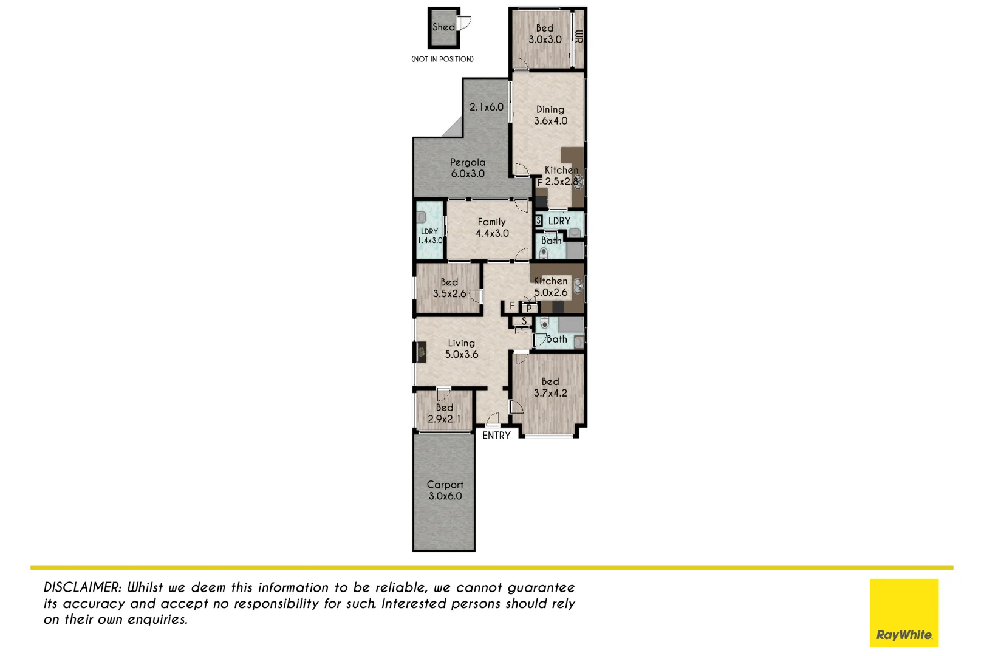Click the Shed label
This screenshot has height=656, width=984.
pyautogui.click(x=443, y=27)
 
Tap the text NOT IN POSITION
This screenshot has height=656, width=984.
pyautogui.click(x=442, y=59)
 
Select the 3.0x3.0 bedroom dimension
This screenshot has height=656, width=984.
pyautogui.click(x=545, y=39)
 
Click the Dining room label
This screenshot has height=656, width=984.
pyautogui.click(x=550, y=109)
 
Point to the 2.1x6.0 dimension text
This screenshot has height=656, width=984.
pyautogui.click(x=487, y=107)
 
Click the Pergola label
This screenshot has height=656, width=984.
pyautogui.click(x=468, y=162)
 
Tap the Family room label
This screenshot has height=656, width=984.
pyautogui.click(x=491, y=222)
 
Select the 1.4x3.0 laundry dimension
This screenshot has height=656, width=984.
pyautogui.click(x=430, y=241)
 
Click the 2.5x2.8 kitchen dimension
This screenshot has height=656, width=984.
pyautogui.click(x=561, y=182)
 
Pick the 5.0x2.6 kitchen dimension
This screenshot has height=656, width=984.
pyautogui.click(x=551, y=292)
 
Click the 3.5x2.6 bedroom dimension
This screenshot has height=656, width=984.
pyautogui.click(x=449, y=293)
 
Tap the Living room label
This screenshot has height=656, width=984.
pyautogui.click(x=462, y=343)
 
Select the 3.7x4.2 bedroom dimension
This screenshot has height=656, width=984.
pyautogui.click(x=550, y=393)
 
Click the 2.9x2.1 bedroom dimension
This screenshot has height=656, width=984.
pyautogui.click(x=444, y=419)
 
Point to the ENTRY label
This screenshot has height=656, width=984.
pyautogui.click(x=496, y=436)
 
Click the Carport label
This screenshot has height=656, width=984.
pyautogui.click(x=445, y=485)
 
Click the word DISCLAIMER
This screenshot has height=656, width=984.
pyautogui.click(x=83, y=587)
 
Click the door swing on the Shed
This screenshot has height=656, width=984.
pyautogui.click(x=465, y=24)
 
